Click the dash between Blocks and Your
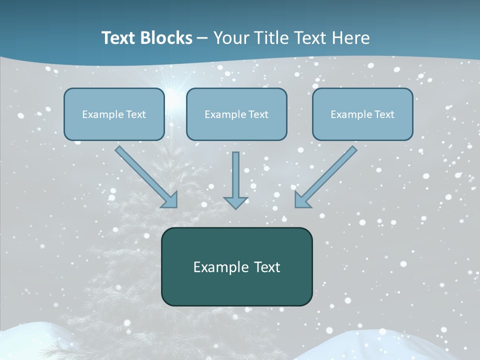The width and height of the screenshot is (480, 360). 202,38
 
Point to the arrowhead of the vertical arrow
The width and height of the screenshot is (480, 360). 235,202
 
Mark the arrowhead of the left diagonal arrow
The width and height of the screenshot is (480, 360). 170,200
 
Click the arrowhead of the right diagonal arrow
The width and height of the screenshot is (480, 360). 301,200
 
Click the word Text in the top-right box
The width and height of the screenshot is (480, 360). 384,114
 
